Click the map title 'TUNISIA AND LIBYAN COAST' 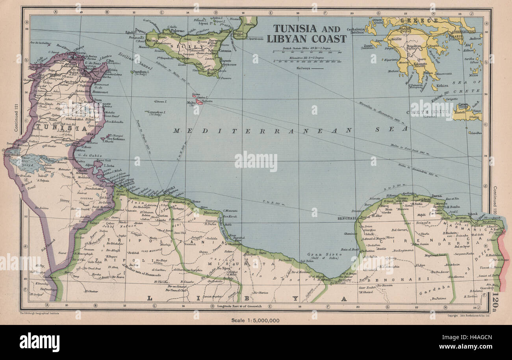(x=306, y=33)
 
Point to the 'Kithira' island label (x=443, y=85)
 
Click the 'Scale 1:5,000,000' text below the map (x=256, y=320)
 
